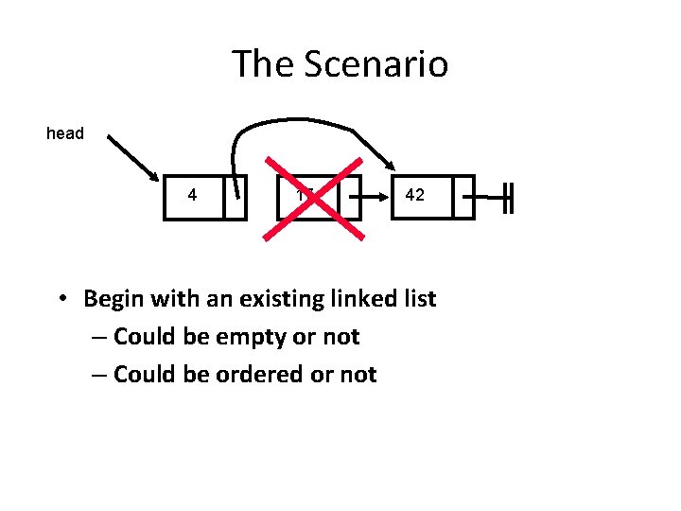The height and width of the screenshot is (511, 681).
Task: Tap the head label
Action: click(x=65, y=133)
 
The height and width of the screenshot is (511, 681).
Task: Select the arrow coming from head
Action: click(x=132, y=156)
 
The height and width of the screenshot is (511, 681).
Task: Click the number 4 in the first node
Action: click(x=193, y=196)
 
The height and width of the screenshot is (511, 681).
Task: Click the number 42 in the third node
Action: click(x=414, y=196)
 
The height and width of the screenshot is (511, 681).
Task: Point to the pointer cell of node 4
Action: click(x=236, y=197)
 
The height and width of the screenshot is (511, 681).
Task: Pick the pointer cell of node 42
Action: click(x=463, y=197)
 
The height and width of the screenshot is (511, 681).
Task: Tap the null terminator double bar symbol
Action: click(x=508, y=197)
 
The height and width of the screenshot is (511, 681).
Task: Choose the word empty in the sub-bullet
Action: click(x=253, y=337)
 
